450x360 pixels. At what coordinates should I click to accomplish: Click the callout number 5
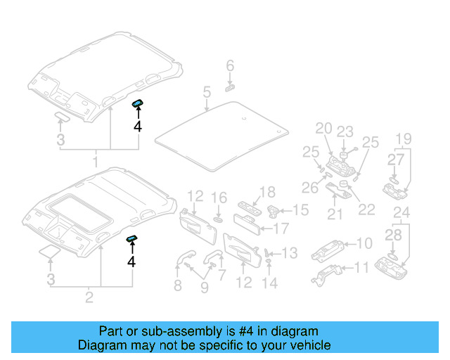[x=207, y=91]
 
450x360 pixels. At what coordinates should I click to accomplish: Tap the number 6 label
[x=229, y=67]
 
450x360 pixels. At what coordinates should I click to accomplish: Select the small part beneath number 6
[x=230, y=88]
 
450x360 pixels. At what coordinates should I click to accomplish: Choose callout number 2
[x=89, y=298]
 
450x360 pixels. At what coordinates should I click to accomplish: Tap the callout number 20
[x=323, y=128]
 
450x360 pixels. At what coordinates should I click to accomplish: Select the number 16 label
[x=219, y=198]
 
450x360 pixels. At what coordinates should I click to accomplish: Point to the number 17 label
[x=281, y=228]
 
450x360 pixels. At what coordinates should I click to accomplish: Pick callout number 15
[x=300, y=210]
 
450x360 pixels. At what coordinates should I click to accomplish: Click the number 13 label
[x=289, y=252]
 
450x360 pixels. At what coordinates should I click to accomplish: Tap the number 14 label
[x=270, y=283]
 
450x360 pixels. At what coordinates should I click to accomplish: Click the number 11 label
[x=361, y=267]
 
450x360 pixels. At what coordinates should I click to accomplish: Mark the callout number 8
[x=177, y=285]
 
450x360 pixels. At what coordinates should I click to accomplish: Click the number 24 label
[x=401, y=212]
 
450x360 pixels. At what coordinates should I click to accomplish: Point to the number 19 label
[x=403, y=138]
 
